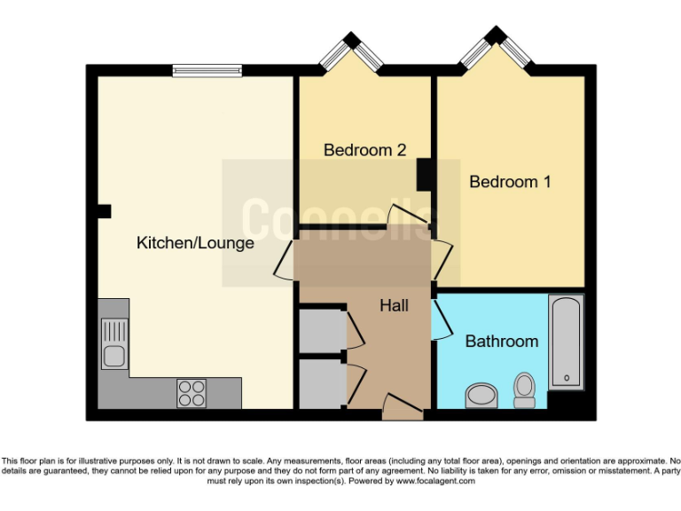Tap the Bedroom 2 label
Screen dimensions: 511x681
pos(364,150)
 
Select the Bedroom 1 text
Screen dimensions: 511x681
pos(510,182)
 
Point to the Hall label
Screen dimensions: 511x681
pos(394,305)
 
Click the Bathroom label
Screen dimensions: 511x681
pos(501,341)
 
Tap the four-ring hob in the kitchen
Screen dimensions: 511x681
pos(192,392)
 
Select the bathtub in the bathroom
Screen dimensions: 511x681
pos(565,342)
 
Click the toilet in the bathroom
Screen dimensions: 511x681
pos(525,389)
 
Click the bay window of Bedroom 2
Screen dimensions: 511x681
pos(352,53)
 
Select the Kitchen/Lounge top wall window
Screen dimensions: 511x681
pos(207,70)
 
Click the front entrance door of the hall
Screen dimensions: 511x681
pos(403,409)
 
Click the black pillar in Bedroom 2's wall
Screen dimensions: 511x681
pos(424,174)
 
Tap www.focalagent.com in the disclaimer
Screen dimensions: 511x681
pos(435,481)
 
